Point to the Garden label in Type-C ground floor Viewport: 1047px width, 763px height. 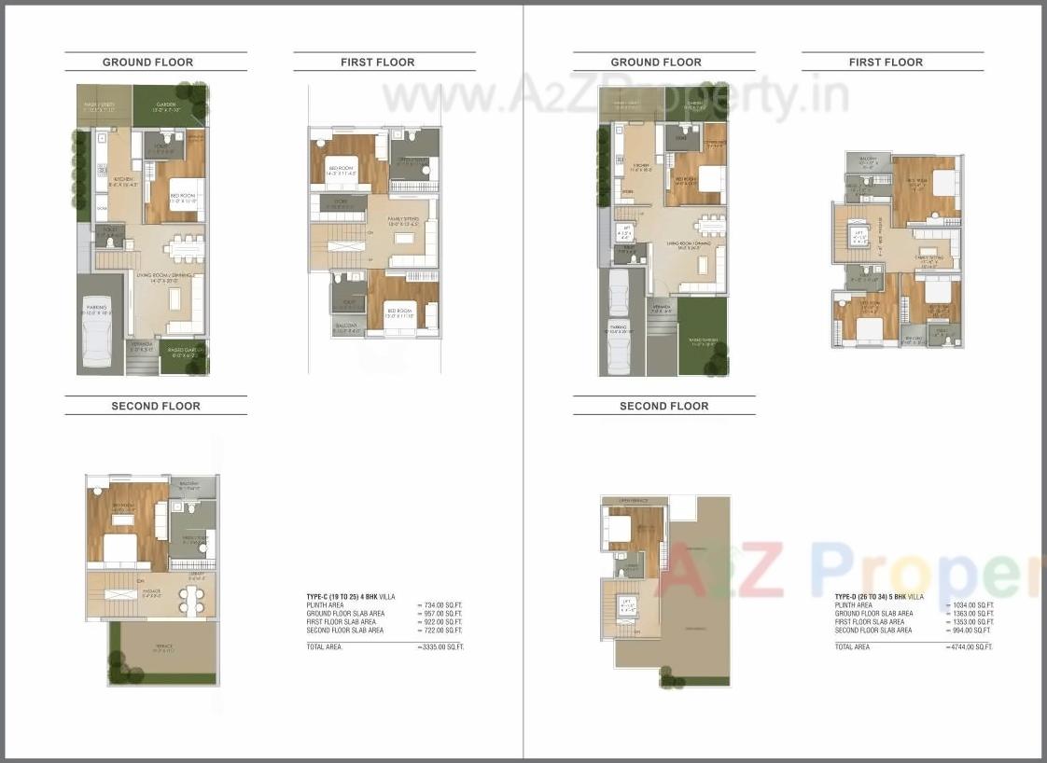tap(166, 105)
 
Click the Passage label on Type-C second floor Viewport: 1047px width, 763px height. tap(149, 591)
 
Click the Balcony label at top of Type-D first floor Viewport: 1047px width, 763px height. tap(868, 160)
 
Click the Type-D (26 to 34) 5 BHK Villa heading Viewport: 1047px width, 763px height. tap(879, 596)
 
